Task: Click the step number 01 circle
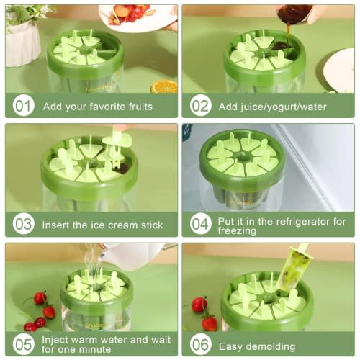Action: click(x=23, y=106)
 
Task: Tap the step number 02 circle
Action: click(x=200, y=106)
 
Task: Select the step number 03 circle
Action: click(x=23, y=224)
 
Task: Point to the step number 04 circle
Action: click(x=200, y=224)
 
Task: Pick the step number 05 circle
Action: click(x=23, y=345)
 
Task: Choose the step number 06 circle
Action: click(x=200, y=345)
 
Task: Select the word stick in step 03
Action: click(x=152, y=225)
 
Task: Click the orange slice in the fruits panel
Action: click(x=164, y=87)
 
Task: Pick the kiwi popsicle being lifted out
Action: click(x=292, y=268)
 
